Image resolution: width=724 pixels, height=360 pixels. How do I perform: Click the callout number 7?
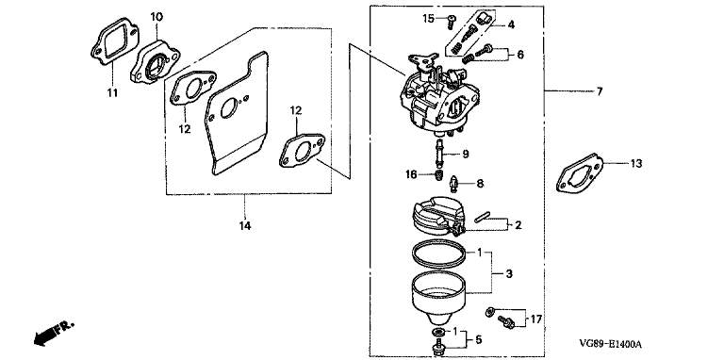(x=600, y=91)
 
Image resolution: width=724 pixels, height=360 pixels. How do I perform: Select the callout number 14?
(x=245, y=225)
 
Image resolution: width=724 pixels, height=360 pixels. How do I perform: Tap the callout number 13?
(x=635, y=163)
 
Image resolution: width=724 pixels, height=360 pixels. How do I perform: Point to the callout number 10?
(x=156, y=17)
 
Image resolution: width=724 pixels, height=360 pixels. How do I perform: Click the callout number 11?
(x=112, y=93)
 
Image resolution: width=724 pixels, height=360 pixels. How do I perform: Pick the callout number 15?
(x=429, y=19)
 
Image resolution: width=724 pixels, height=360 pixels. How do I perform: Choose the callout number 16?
(x=411, y=174)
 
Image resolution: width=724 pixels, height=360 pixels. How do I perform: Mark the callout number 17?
(x=535, y=319)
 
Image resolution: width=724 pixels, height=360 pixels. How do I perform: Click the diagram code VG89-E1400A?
(x=610, y=344)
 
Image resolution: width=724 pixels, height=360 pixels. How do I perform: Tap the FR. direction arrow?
(x=52, y=334)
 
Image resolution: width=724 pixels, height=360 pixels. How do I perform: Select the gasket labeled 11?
(x=115, y=41)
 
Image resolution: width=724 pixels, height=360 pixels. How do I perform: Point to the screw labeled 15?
(x=452, y=21)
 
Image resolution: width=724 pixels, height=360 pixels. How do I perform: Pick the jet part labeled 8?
(x=454, y=185)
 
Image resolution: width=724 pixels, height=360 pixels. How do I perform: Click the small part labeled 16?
(x=439, y=175)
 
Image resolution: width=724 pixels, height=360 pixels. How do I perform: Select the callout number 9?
(x=466, y=154)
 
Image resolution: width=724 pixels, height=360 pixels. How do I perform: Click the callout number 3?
(x=509, y=273)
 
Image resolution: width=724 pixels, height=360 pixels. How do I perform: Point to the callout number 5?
(x=478, y=340)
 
